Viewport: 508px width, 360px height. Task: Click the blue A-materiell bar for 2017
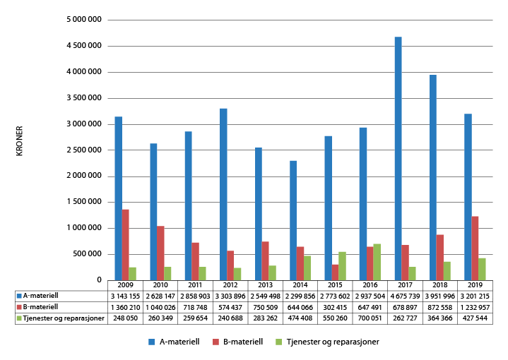tap(398, 158)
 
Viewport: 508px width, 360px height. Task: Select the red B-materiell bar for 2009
tap(125, 244)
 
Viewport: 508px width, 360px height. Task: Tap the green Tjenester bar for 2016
tap(377, 262)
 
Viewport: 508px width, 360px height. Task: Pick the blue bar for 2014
tap(293, 220)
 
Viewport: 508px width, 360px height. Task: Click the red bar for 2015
tap(335, 272)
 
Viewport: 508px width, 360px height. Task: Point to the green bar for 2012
tap(237, 274)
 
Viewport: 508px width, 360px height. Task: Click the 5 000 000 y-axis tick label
tap(83, 20)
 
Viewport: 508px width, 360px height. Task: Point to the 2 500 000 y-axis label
tap(83, 150)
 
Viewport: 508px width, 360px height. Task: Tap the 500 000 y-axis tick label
tap(87, 254)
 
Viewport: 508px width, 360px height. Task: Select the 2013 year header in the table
tap(266, 285)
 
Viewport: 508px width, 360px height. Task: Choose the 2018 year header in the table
tap(440, 285)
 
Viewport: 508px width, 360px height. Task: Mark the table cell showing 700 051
tap(370, 318)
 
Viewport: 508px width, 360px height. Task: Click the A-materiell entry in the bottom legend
tap(174, 342)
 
